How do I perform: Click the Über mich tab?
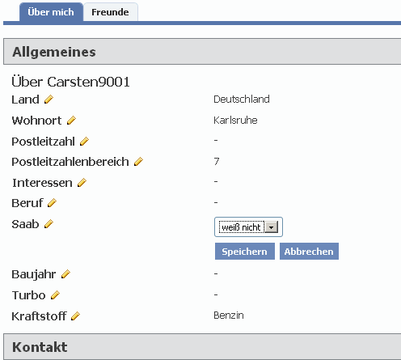tap(51, 12)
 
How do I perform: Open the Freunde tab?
tap(110, 12)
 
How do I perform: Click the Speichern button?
tap(245, 252)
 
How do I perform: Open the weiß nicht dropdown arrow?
tap(272, 227)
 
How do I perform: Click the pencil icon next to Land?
tap(49, 100)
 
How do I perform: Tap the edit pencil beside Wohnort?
tap(71, 121)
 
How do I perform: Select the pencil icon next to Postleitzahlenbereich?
tap(138, 162)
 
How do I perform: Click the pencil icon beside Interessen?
tap(82, 183)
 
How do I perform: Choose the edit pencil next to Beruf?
tap(52, 203)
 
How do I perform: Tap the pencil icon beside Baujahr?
tap(65, 274)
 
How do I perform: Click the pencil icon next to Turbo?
tap(55, 295)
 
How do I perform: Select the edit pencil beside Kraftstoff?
tap(76, 316)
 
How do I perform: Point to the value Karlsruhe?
tap(235, 121)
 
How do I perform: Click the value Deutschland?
tap(242, 100)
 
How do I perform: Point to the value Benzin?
tap(229, 316)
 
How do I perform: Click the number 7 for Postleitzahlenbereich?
tap(217, 161)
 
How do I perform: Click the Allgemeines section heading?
tap(54, 52)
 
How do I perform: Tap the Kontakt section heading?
tap(40, 347)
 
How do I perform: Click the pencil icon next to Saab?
tap(49, 224)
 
